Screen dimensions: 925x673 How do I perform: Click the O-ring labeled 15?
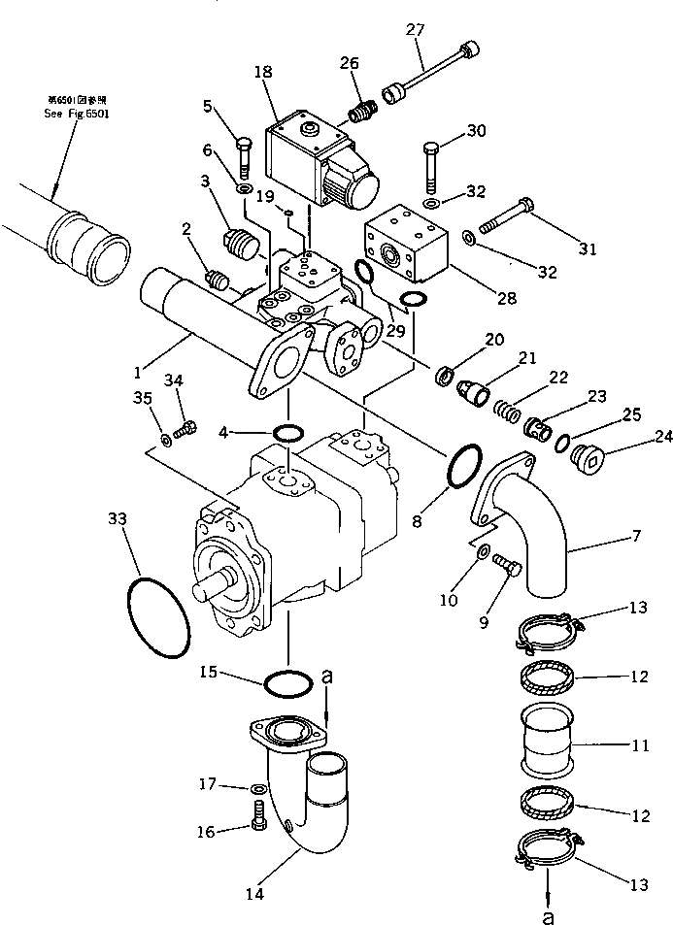[x=287, y=682]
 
